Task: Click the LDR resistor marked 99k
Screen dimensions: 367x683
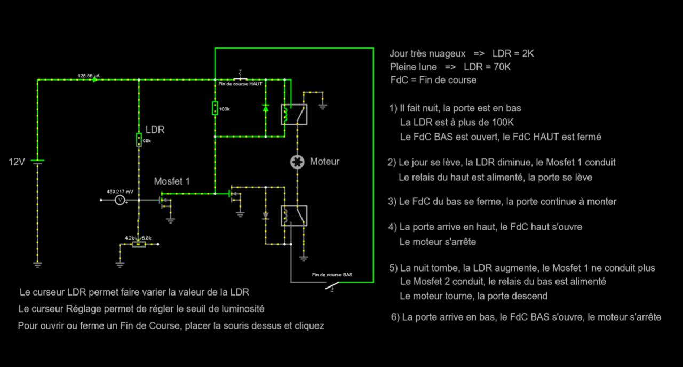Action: (139, 140)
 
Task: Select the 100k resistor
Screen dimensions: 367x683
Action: (215, 108)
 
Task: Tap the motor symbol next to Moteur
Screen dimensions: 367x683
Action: (296, 162)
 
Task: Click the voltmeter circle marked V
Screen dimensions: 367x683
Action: (121, 200)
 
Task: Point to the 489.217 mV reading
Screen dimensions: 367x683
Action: (120, 191)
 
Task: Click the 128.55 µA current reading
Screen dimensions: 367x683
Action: (89, 76)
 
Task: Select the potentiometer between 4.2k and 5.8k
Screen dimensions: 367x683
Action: (139, 244)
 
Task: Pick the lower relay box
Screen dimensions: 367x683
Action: (294, 216)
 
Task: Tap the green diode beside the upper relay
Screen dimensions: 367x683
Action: (266, 108)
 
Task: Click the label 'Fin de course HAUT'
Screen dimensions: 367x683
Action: (240, 84)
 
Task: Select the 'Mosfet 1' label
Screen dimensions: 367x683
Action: (172, 181)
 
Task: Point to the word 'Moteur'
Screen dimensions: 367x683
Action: (324, 161)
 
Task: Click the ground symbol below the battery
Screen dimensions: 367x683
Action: (37, 264)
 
